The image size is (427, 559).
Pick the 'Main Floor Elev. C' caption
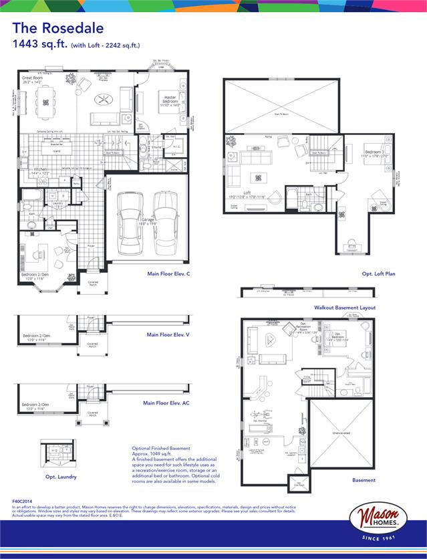(169, 274)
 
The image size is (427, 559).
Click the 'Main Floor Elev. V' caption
(168, 335)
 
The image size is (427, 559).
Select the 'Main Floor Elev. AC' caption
(166, 403)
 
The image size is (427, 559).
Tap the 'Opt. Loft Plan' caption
(379, 274)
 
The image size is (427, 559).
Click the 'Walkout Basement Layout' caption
(344, 308)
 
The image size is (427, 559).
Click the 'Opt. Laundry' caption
(60, 477)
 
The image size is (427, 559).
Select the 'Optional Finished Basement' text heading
(161, 448)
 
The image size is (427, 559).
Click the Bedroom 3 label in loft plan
(374, 153)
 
